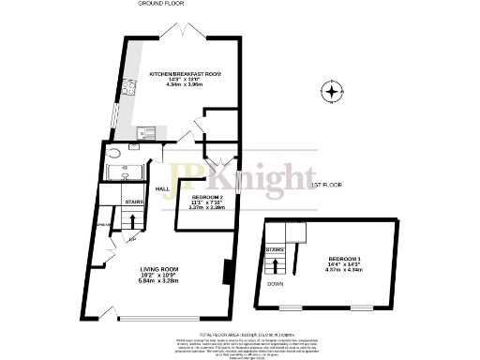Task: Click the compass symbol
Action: (x=330, y=92)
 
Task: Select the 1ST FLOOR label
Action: (x=324, y=186)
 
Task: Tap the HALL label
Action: (x=161, y=188)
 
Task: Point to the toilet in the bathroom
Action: (x=112, y=155)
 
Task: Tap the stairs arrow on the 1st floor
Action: (x=276, y=262)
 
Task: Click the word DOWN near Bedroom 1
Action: (x=276, y=282)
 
